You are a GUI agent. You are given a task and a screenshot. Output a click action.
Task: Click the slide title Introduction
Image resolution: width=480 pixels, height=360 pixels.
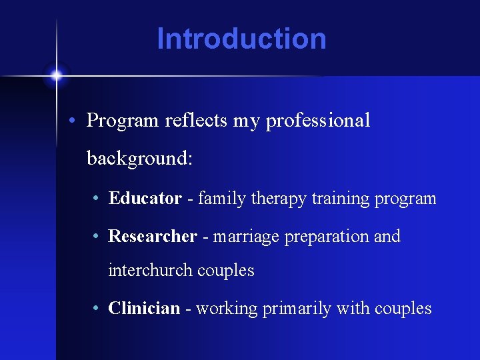coord(241,39)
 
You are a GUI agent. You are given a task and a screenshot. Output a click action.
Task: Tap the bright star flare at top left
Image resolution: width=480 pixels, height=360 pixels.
coord(57,75)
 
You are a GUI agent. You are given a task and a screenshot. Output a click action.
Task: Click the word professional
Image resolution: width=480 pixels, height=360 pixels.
coord(318,121)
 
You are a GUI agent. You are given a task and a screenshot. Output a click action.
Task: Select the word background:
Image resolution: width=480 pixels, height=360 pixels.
coord(139,159)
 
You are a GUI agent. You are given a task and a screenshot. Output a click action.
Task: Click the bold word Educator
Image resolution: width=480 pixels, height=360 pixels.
coord(145,199)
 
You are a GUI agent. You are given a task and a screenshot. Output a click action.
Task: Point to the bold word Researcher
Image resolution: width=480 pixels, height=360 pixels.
coord(153,237)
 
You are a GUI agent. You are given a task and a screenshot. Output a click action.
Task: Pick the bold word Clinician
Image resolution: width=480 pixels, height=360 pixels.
coord(144,309)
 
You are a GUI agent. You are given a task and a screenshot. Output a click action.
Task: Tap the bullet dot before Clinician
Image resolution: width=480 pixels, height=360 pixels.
coord(97,309)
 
